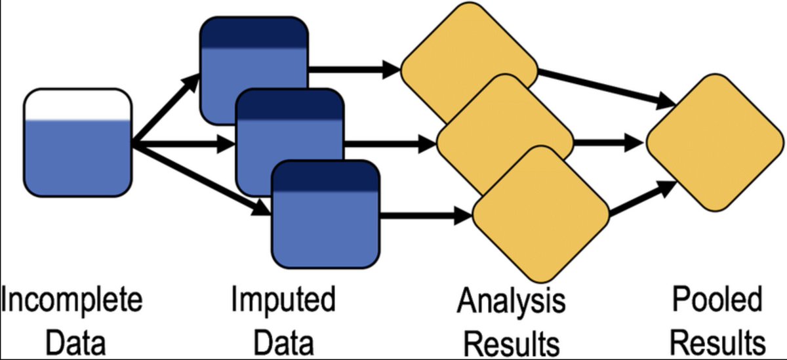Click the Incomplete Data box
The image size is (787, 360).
[77, 142]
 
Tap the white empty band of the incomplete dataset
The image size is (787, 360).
[77, 105]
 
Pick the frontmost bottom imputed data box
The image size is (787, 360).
[326, 214]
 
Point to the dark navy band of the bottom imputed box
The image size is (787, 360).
[326, 176]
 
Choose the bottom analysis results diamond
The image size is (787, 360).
[541, 214]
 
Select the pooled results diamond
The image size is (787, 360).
[716, 142]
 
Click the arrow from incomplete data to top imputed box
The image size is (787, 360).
[166, 109]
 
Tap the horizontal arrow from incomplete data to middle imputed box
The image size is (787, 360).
[183, 144]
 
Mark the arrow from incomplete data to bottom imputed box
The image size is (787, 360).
[201, 179]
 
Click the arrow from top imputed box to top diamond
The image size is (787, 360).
[355, 70]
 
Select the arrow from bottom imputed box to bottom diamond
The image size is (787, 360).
[426, 214]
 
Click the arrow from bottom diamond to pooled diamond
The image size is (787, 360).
[643, 197]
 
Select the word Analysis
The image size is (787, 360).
[511, 302]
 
